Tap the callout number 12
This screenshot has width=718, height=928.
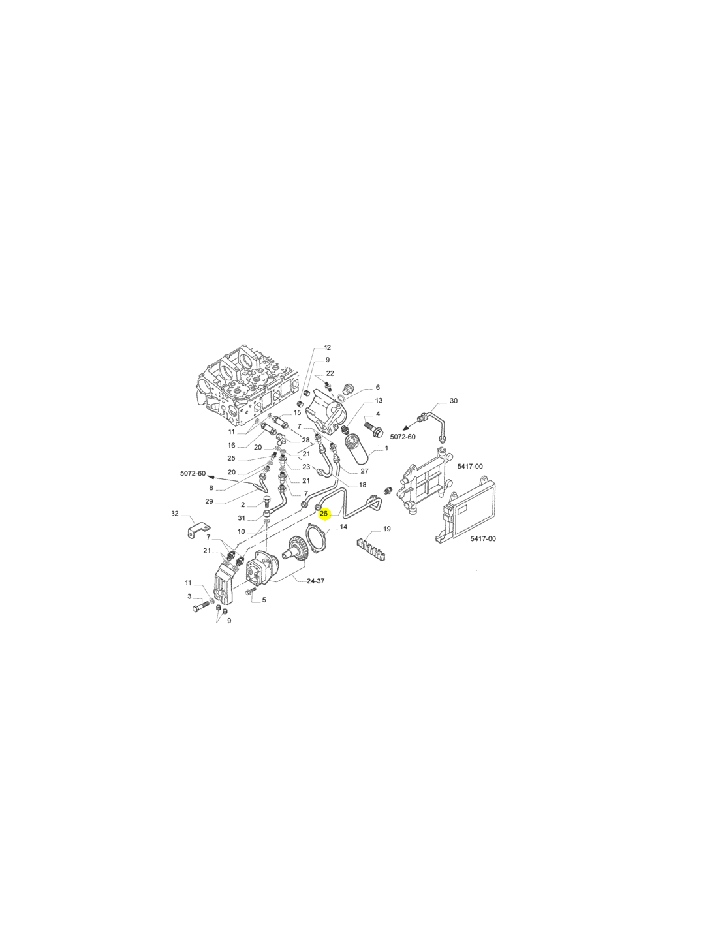(327, 348)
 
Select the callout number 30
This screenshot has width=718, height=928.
(454, 401)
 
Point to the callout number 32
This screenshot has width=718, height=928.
(175, 514)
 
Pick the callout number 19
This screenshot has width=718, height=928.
(386, 529)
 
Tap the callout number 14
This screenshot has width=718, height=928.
(343, 527)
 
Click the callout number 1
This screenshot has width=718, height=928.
(386, 448)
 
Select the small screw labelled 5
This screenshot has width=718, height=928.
(250, 591)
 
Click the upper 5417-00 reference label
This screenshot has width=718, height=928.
(470, 467)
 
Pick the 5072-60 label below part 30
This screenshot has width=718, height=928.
(403, 437)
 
